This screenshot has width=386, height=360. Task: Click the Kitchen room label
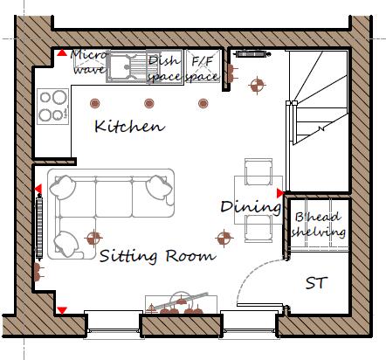point(129,127)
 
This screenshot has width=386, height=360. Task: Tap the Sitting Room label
point(157,256)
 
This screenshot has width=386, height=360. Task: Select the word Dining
point(251,207)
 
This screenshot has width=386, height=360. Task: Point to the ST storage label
point(316,283)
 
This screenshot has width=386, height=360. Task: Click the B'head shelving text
point(319,225)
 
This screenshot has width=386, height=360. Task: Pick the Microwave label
point(87,63)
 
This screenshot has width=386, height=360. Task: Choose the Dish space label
point(164,68)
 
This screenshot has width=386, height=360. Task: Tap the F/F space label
point(203,68)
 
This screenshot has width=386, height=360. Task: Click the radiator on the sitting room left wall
point(40,226)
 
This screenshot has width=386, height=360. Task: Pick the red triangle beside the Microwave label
point(62,54)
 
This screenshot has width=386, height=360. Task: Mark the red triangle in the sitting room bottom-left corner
point(62,310)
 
